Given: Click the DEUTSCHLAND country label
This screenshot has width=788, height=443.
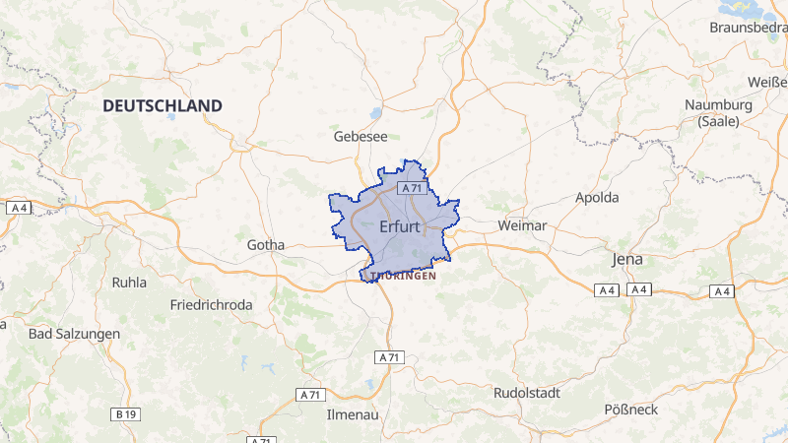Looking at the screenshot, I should coord(163,105).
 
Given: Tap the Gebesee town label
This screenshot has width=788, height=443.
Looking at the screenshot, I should coord(361,137).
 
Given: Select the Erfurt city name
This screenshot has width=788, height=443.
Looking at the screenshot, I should coord(399,227).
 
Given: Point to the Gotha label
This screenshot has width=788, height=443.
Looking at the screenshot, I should coord(266,245).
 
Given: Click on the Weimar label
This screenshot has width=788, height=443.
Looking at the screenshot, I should coord(522,225).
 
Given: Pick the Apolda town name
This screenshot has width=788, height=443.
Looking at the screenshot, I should coord(597,197).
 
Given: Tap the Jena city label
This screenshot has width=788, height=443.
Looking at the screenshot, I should coord(626,259).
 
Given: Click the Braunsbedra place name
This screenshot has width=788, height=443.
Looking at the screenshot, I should coord(748,28).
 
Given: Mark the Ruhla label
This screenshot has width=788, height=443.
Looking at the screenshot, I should coord(129,283).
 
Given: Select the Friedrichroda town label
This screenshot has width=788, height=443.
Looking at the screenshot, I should coord(211,305).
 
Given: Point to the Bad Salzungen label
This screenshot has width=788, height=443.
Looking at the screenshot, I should coord(74,334).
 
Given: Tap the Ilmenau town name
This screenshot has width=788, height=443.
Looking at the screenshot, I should coord(353,414).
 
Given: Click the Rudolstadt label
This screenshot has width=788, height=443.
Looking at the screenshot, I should coord(526,393).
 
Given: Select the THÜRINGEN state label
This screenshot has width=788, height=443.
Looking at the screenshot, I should coord(399,277).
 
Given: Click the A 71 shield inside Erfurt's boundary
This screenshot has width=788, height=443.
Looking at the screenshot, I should coord(411,188).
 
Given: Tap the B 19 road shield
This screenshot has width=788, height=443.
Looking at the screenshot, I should coord(125,414).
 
